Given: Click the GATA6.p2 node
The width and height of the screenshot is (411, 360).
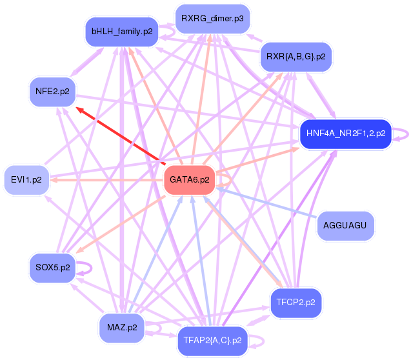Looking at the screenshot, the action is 190,180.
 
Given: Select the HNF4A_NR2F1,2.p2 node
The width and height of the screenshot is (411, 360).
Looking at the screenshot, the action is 346,134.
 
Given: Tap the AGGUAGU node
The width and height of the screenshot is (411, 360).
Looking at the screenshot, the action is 345,226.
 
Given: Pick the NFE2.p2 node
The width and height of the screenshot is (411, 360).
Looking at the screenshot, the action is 52,92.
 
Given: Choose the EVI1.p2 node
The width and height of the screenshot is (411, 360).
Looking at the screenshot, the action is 26,180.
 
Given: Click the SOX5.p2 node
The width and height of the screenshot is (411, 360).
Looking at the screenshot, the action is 52,268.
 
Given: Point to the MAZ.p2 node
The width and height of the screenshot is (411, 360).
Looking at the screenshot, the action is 122,328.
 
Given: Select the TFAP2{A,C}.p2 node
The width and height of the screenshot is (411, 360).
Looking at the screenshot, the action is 212,341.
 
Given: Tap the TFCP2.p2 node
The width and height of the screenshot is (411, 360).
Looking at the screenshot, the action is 296,303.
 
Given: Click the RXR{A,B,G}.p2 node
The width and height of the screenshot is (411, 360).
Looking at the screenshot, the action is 296,57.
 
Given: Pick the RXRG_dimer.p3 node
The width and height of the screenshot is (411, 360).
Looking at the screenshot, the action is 212,19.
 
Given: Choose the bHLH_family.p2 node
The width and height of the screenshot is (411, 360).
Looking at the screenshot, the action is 122,32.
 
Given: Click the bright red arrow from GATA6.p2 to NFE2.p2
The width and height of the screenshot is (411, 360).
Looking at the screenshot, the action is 121,135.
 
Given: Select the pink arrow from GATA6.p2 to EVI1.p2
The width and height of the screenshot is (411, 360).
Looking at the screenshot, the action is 106,180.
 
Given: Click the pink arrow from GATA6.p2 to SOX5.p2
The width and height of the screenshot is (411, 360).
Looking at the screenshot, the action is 121,225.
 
